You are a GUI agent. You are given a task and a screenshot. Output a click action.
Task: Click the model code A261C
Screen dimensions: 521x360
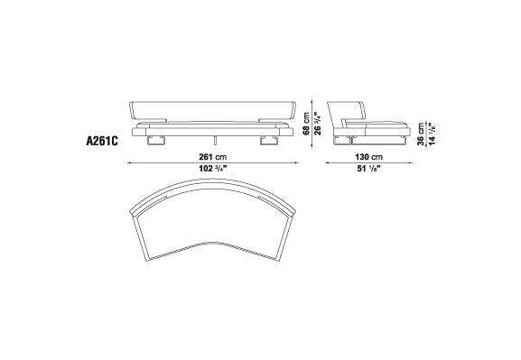point(102,141)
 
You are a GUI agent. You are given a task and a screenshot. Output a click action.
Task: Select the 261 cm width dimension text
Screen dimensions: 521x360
point(213,156)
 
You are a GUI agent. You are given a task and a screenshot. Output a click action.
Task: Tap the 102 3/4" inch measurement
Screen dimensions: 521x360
point(213,169)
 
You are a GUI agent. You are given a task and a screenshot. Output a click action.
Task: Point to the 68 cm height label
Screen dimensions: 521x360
point(306,124)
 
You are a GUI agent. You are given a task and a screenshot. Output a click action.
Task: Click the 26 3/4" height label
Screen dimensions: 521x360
point(318,124)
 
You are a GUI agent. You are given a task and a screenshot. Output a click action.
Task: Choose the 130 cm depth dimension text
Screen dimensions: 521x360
point(368,156)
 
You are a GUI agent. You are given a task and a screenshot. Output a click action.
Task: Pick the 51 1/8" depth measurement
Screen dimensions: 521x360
point(368,169)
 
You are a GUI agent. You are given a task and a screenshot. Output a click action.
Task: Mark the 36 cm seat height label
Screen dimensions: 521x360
point(421,134)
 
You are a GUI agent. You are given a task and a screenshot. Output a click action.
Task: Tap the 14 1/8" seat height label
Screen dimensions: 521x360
point(432,134)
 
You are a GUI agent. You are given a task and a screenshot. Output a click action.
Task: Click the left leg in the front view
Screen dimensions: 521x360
point(155,141)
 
